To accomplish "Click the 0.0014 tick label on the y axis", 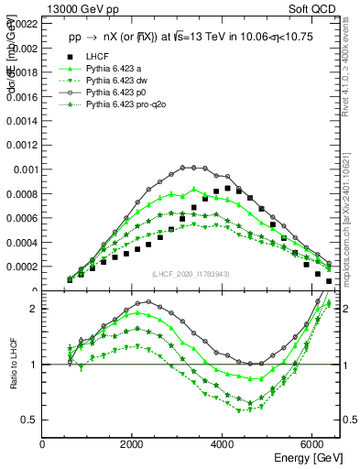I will click(22, 120).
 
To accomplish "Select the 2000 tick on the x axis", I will click(133, 443).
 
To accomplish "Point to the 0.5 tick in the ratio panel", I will click(31, 420).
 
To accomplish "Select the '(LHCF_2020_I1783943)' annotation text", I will click(191, 274).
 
